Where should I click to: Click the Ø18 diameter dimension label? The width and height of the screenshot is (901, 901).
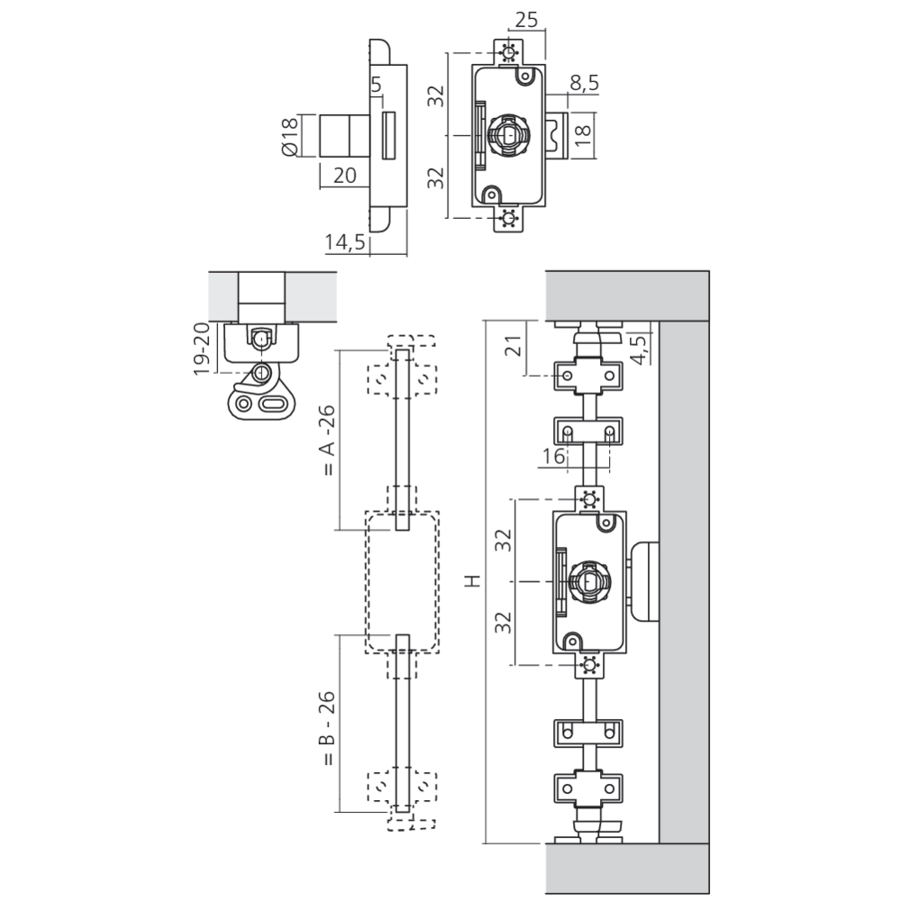point(290,138)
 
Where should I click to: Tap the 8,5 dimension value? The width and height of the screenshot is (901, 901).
point(584,84)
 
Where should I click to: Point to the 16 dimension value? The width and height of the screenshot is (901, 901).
point(554,458)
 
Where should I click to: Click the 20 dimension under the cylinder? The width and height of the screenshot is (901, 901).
point(345,176)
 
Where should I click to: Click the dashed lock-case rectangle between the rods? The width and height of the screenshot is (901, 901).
point(402,581)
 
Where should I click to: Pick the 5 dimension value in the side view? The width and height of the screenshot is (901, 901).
point(376,86)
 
